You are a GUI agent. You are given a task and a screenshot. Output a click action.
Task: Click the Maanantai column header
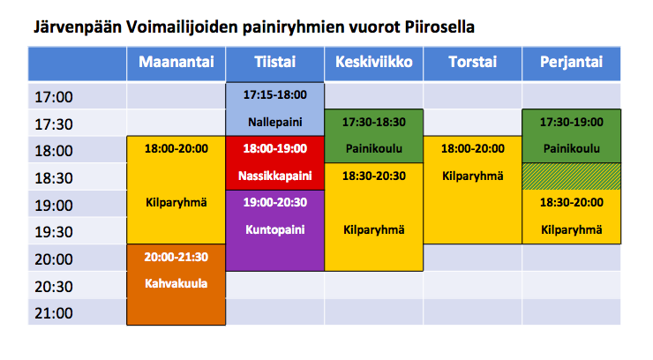click(x=176, y=62)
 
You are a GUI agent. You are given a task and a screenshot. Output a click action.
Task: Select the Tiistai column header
click(x=274, y=62)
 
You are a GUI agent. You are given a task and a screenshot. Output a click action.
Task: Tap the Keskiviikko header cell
click(x=374, y=62)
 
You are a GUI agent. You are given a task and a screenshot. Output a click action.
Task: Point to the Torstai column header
click(x=473, y=62)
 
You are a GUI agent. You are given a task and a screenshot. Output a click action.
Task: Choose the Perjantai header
click(x=572, y=63)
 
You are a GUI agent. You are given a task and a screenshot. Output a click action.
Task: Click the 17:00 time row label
click(x=54, y=97)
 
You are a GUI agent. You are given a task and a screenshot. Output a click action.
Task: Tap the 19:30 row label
click(x=54, y=232)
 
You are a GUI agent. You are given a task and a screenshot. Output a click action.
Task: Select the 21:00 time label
click(x=54, y=313)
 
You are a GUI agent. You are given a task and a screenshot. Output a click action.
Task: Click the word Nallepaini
click(x=274, y=122)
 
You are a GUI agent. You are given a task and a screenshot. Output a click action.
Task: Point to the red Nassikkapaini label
click(x=274, y=176)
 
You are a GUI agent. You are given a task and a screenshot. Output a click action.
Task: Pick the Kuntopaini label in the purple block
click(x=274, y=229)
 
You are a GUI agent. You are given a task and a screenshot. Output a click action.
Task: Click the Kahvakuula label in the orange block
click(x=176, y=283)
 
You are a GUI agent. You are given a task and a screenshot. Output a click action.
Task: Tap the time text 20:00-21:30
click(x=176, y=257)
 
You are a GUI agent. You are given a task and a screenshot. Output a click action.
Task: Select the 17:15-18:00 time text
click(x=274, y=95)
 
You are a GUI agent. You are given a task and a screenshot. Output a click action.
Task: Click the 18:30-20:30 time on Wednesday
click(x=374, y=176)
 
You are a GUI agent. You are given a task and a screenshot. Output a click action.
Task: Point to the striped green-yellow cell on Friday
click(x=572, y=176)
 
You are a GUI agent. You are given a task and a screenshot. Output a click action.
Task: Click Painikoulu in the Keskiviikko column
click(x=374, y=148)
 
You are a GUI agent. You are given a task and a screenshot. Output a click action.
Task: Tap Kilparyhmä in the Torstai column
click(x=473, y=176)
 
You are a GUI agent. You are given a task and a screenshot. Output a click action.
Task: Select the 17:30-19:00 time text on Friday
click(x=572, y=122)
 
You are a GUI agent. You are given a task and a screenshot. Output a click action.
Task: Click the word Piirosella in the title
click(x=439, y=27)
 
